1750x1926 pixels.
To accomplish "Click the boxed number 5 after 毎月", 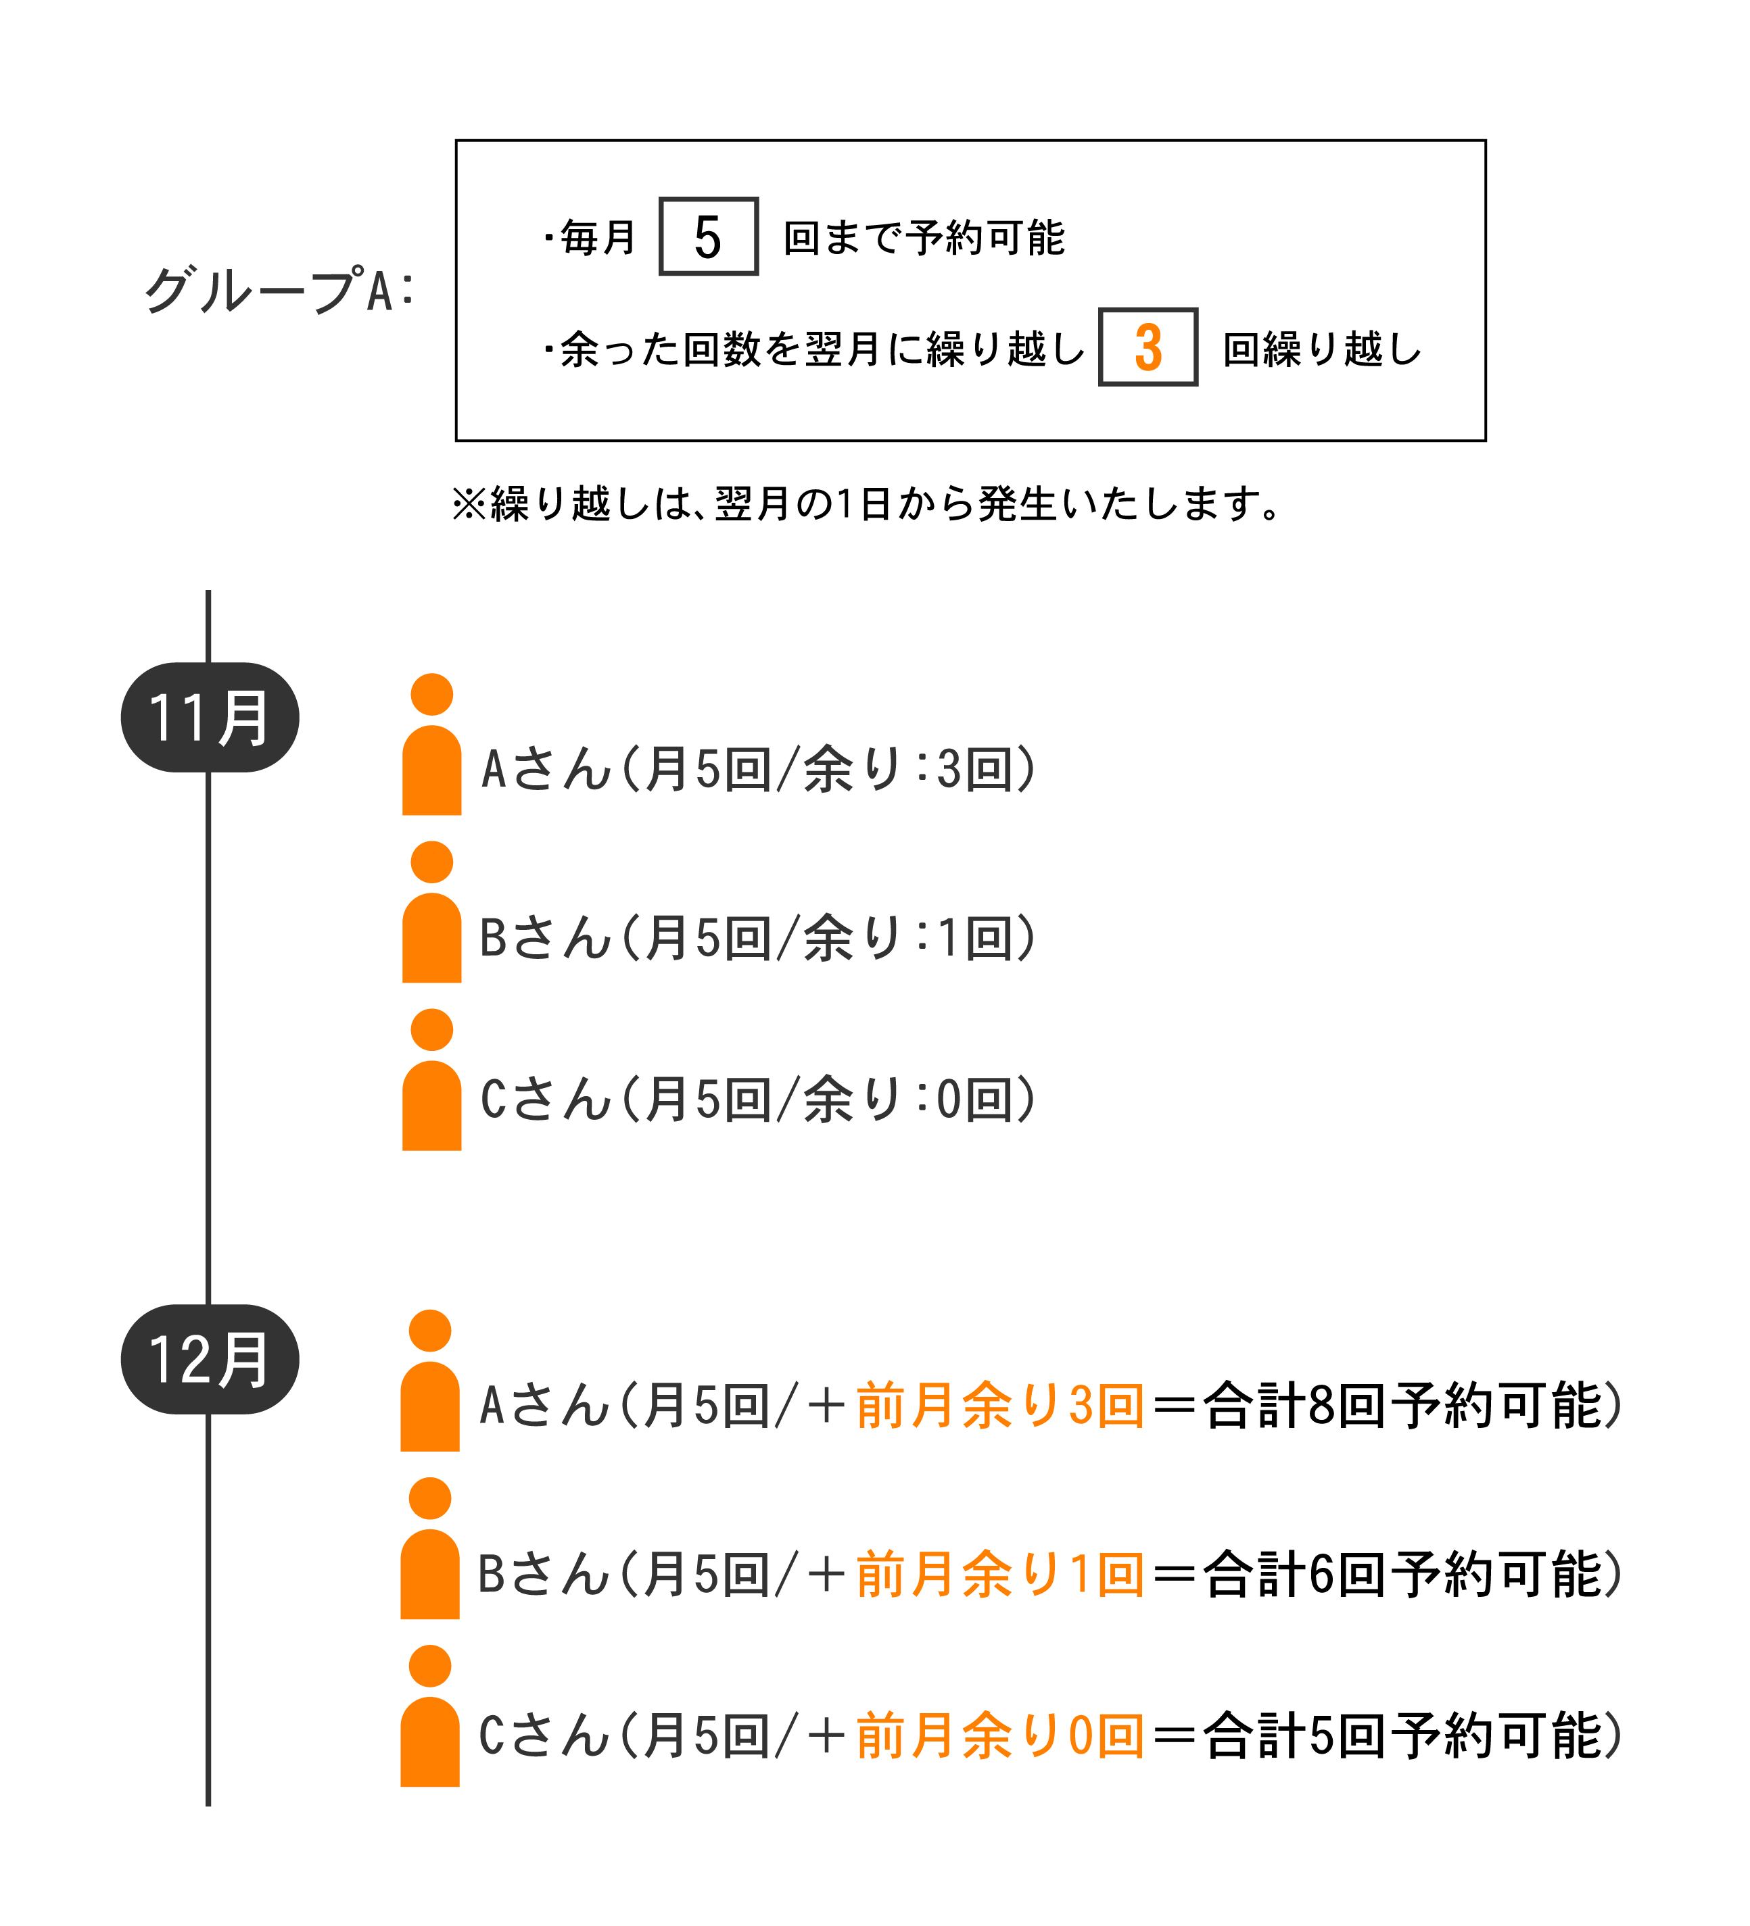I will point(708,237).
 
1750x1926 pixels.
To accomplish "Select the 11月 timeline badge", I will point(210,718).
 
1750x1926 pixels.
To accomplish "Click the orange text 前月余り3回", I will point(999,1406).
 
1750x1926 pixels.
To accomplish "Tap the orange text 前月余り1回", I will point(999,1575).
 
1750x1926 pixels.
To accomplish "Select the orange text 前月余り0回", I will point(999,1736).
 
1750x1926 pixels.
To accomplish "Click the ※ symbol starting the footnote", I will point(469,503).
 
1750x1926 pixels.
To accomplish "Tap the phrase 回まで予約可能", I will point(923,238).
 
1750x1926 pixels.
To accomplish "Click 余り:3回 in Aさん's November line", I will point(908,769).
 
